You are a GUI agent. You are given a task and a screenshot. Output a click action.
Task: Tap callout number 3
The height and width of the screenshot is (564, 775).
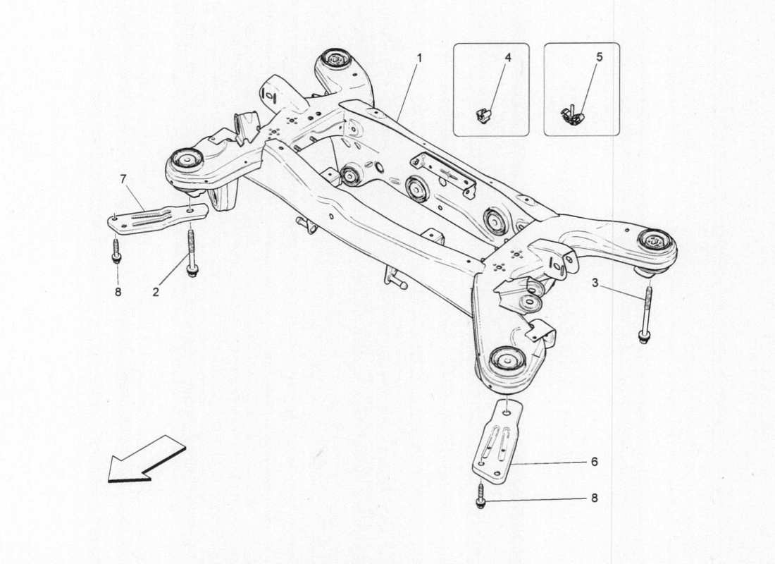click(595, 283)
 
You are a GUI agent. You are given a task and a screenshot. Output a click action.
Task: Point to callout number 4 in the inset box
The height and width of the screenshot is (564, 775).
click(507, 57)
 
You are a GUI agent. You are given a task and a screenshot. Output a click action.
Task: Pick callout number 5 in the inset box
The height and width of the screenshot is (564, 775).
click(599, 57)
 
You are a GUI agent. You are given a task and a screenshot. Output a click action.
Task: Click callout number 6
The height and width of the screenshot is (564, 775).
click(594, 462)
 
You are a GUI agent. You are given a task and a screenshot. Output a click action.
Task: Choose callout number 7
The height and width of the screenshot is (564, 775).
click(123, 179)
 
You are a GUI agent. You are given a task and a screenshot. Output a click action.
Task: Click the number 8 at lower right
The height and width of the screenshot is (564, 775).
click(594, 498)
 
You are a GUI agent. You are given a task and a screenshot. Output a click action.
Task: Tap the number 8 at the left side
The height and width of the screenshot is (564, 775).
click(118, 290)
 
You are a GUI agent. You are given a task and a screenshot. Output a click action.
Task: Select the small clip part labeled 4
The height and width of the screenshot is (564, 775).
click(483, 114)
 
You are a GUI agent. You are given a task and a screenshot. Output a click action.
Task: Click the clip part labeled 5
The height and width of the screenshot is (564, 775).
click(573, 115)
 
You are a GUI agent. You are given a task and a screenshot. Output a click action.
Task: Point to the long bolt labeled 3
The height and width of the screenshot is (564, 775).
click(645, 314)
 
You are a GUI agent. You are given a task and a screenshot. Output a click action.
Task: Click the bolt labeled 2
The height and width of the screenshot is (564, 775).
click(191, 251)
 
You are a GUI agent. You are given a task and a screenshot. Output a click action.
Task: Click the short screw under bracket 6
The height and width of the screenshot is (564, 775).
click(480, 496)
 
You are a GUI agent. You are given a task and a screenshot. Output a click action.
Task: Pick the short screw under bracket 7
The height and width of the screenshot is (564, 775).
click(116, 250)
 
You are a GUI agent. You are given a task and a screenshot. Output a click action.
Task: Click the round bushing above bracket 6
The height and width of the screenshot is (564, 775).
click(507, 359)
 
